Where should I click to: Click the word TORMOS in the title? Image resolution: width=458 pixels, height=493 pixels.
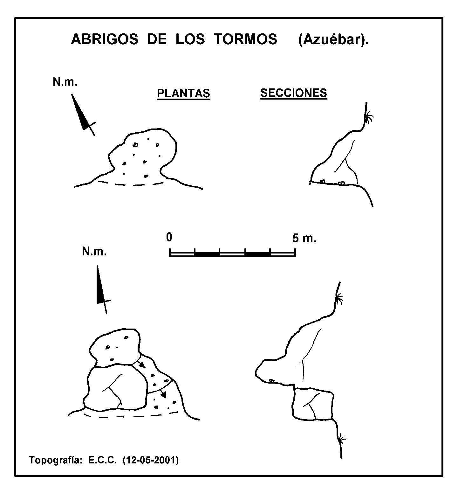(x=245, y=39)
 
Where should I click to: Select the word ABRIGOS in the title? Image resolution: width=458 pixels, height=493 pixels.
(x=105, y=39)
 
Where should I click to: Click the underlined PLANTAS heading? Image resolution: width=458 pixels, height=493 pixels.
(x=183, y=93)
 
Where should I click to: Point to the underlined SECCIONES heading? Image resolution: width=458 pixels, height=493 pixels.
(x=294, y=93)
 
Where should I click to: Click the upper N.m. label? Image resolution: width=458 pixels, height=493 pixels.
(x=65, y=82)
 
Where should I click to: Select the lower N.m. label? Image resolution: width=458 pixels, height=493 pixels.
(x=94, y=252)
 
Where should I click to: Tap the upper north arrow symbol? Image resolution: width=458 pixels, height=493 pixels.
(x=83, y=115)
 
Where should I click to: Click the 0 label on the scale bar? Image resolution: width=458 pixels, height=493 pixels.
(x=169, y=237)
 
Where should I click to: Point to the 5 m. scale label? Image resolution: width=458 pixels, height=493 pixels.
(x=304, y=238)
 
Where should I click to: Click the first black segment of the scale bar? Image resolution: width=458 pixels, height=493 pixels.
(x=207, y=254)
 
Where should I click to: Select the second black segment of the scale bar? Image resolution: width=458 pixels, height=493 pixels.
(x=257, y=254)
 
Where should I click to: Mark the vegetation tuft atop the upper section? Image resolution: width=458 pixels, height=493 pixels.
(x=368, y=119)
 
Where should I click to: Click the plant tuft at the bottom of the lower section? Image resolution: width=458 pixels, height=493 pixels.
(x=342, y=440)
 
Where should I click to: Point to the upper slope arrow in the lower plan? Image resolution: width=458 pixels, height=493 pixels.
(x=140, y=364)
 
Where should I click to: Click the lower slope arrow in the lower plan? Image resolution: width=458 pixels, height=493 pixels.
(x=163, y=393)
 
